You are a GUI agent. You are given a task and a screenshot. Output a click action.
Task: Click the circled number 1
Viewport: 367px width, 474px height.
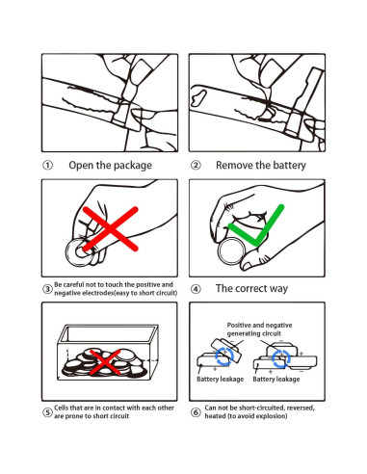pos(47,166)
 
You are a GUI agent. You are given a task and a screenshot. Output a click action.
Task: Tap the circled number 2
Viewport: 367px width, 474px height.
pos(196,166)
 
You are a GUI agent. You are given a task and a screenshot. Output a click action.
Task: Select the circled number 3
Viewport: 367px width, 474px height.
pos(47,289)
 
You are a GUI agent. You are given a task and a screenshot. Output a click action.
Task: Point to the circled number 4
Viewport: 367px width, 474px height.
pos(196,289)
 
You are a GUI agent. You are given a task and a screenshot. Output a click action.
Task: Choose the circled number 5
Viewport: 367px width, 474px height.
pos(47,412)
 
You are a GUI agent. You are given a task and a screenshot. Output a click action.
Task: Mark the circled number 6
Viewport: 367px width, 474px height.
pos(196,412)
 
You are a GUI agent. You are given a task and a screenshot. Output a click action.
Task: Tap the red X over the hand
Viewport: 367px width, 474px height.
pos(111,228)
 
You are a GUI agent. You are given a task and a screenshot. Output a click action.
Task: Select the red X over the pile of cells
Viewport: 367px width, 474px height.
pos(105,362)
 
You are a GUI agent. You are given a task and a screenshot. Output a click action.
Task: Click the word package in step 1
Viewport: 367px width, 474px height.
pos(133,166)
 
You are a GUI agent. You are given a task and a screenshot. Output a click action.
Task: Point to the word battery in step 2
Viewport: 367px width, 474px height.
pos(288,166)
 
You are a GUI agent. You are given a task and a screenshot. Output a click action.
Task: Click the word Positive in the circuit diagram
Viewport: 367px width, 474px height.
pos(238,325)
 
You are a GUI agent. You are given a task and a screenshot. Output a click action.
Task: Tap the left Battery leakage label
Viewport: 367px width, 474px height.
pos(221,380)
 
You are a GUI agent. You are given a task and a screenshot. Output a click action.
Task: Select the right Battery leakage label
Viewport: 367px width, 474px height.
pos(276,380)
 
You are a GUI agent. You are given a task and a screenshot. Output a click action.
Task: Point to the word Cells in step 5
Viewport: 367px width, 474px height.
pos(61,408)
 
